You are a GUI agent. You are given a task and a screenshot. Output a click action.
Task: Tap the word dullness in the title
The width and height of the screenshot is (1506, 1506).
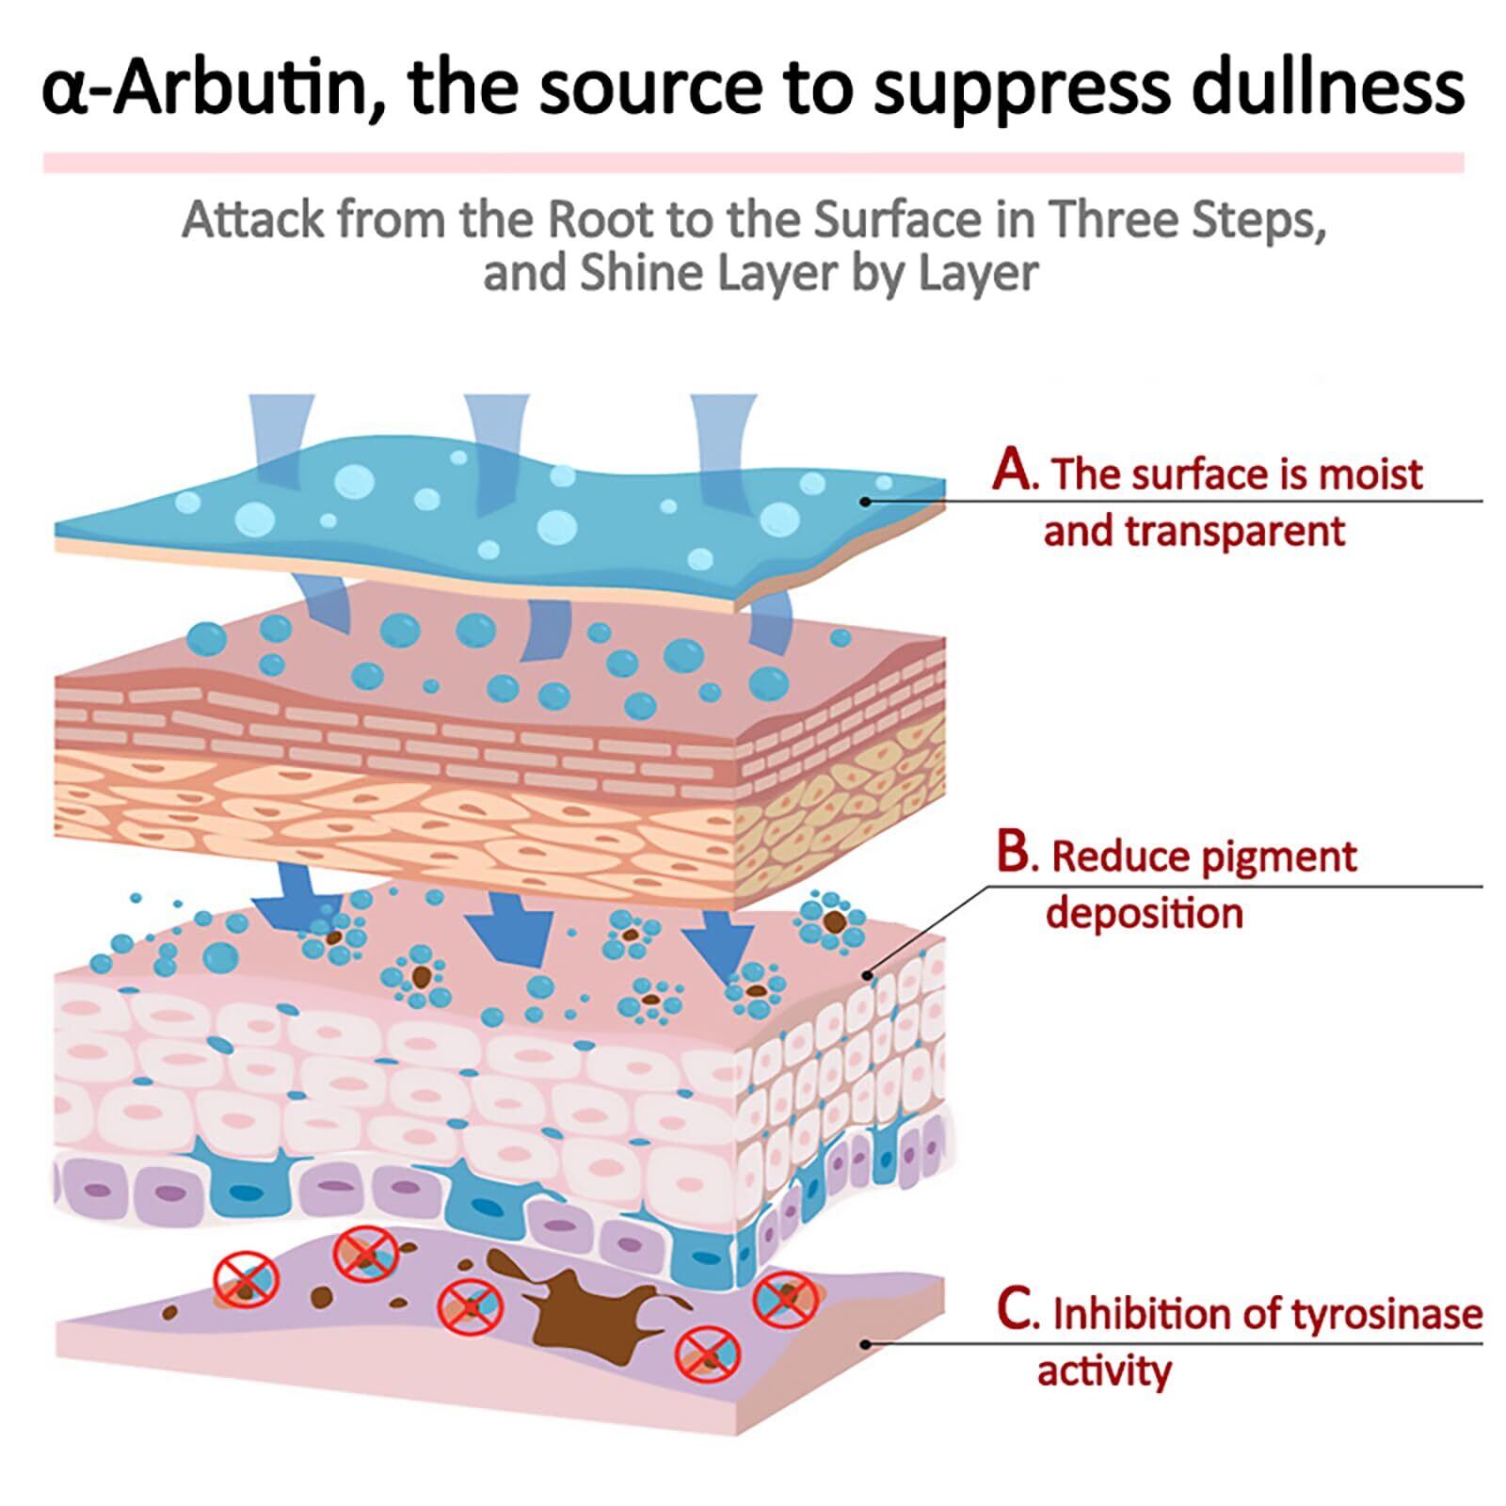pos(1327,87)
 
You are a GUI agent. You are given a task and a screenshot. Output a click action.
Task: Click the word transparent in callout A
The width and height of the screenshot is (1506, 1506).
pos(1194,532)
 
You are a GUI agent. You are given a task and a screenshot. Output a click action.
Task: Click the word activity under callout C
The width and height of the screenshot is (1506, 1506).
pos(1104,1371)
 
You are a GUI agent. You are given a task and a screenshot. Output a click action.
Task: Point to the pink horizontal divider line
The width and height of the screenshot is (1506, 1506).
pos(753,163)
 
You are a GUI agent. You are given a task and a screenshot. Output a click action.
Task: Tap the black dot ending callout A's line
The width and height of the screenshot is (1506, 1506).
pos(865,502)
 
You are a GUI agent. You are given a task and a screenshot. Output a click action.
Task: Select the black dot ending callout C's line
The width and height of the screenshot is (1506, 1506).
pos(865,1343)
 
